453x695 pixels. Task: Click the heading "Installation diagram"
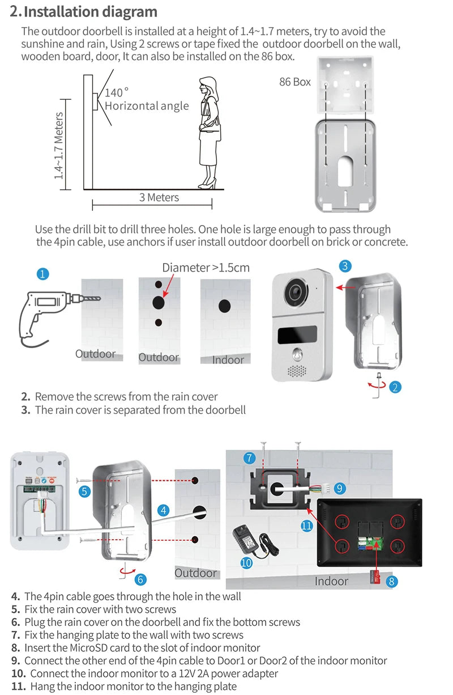(x=91, y=11)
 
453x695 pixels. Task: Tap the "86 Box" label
(x=295, y=82)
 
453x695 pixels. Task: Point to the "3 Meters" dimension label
(x=159, y=197)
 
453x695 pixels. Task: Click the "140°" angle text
(x=117, y=92)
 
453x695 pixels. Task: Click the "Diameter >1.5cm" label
(x=206, y=268)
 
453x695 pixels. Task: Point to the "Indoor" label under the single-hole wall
(x=228, y=359)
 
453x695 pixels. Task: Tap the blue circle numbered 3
(x=346, y=266)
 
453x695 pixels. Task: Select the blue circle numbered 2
(x=395, y=387)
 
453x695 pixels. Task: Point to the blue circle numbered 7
(x=250, y=458)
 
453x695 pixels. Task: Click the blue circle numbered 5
(x=84, y=491)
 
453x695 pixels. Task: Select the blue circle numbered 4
(x=164, y=510)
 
